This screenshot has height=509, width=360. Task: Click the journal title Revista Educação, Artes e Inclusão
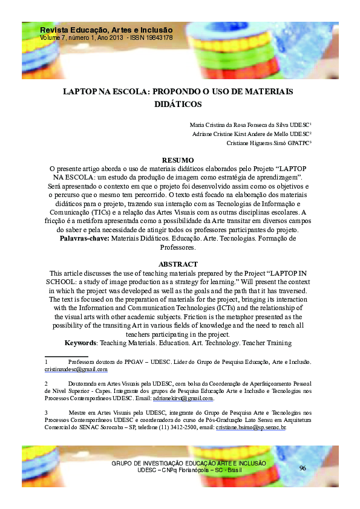(106, 30)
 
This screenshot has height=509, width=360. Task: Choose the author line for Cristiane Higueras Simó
(258, 143)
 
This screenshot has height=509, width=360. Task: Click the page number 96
(303, 468)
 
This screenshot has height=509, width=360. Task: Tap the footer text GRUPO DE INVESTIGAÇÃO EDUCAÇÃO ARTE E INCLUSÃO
(189, 463)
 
